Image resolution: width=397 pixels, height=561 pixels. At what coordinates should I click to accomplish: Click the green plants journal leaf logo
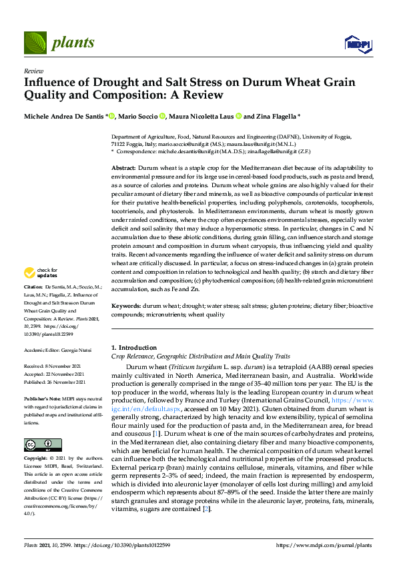click(x=35, y=43)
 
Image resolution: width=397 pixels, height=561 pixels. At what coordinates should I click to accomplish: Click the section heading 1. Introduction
click(x=133, y=348)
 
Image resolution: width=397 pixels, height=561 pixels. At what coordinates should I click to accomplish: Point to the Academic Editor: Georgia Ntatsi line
click(x=58, y=349)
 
